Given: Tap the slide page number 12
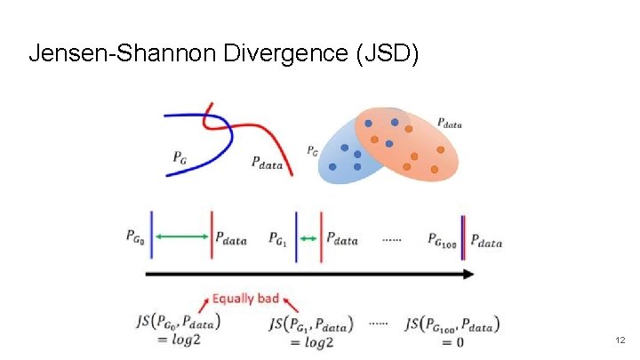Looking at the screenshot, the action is coord(620,340).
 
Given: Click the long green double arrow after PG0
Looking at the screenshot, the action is coord(181,236).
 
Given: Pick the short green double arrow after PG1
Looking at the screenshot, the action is coord(308,237).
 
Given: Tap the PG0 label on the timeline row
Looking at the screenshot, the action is coord(138,238).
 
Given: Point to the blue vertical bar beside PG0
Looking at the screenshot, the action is coord(153,235).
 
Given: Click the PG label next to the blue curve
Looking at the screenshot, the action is coord(180,157).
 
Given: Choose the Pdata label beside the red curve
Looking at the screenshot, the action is coord(268,162).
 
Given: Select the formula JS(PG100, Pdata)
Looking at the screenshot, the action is coord(452,324).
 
